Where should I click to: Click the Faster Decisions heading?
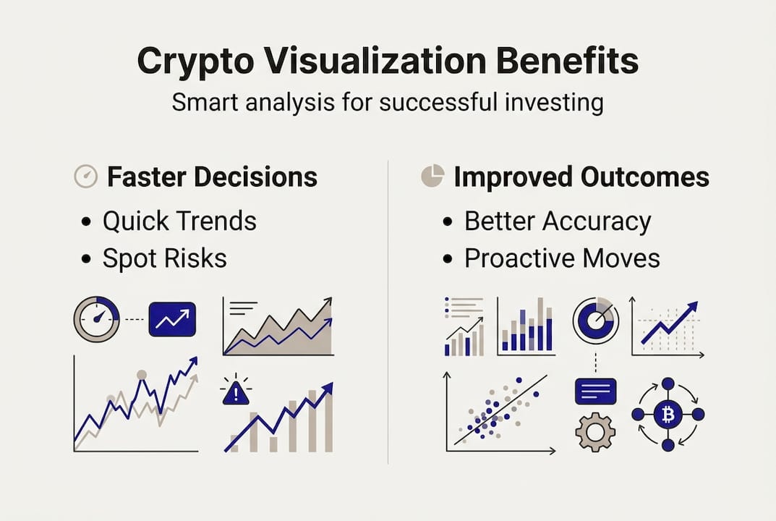(212, 177)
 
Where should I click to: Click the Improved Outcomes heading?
(581, 177)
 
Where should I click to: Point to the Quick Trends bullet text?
(179, 221)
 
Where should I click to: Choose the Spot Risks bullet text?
(165, 258)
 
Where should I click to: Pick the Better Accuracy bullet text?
(558, 221)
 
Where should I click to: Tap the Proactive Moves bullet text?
(562, 258)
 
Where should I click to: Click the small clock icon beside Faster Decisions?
(86, 177)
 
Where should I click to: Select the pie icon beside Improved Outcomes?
(432, 177)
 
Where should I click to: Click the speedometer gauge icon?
(97, 319)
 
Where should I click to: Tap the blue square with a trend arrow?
(172, 319)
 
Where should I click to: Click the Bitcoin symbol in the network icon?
(668, 415)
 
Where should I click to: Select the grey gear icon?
(595, 433)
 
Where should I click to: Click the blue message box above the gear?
(595, 391)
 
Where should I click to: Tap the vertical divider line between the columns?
(388, 311)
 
